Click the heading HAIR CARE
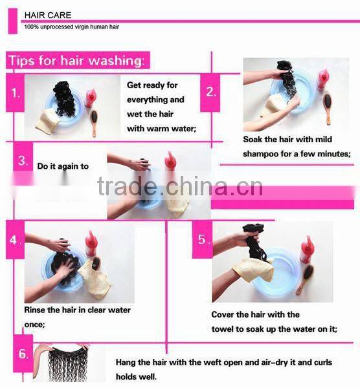coord(48,16)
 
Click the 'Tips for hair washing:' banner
coord(78,60)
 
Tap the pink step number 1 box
coord(15,93)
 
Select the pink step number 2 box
coord(210,92)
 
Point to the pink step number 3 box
coord(23,157)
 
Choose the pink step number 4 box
coord(15,240)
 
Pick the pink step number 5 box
coord(202,239)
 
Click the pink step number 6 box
coord(23,354)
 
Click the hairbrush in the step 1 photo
coord(95,124)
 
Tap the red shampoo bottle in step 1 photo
coord(90,98)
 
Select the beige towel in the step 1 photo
coord(47,122)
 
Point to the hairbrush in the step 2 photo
coord(328,107)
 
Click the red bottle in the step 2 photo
coord(322,78)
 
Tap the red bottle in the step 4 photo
coord(91,244)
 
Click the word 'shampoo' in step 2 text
coord(260,154)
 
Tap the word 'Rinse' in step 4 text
coord(34,310)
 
